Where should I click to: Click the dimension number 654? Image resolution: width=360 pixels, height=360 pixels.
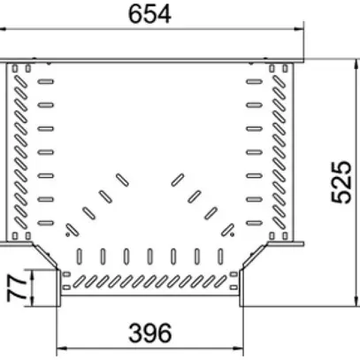pos(149,14)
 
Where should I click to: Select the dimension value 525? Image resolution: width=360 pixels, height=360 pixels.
pos(341,182)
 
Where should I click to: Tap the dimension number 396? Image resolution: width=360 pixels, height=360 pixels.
pos(150,333)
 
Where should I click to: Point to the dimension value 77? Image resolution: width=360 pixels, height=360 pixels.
pos(17,288)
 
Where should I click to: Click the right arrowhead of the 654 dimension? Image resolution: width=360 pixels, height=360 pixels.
pos(299,29)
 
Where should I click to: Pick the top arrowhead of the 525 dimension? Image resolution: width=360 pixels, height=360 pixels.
pos(357,64)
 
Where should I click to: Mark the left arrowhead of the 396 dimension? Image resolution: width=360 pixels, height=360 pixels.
pos(61,349)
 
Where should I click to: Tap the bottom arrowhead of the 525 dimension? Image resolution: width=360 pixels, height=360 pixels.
pos(357,302)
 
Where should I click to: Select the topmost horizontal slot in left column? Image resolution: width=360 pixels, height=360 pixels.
pos(46,81)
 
